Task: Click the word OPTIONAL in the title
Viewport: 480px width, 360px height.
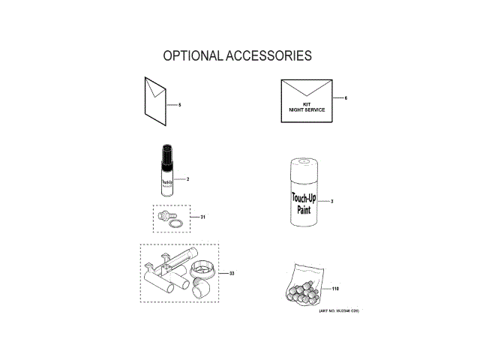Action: [x=191, y=56]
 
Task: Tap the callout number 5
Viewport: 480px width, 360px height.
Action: [x=180, y=104]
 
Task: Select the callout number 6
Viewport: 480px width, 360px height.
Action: [x=346, y=98]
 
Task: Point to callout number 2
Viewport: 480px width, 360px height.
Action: [x=187, y=179]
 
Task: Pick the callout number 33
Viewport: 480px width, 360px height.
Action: [x=232, y=273]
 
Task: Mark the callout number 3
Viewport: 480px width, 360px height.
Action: [x=331, y=202]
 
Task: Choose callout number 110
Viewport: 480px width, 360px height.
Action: [x=335, y=289]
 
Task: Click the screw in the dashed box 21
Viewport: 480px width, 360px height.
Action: [x=162, y=215]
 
